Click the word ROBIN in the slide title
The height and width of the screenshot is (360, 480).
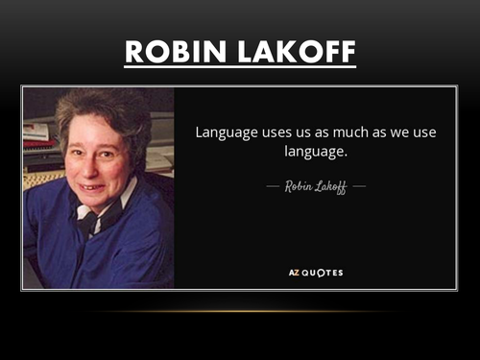pos(176,52)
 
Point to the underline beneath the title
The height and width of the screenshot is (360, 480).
pos(240,68)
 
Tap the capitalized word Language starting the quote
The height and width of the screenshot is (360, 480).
pos(227,132)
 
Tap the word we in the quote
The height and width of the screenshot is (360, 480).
pos(400,132)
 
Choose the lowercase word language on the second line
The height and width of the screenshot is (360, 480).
pos(313,152)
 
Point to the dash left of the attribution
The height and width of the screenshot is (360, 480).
pos(272,186)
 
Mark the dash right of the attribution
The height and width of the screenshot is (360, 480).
pos(359,186)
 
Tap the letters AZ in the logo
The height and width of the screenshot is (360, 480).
pos(296,273)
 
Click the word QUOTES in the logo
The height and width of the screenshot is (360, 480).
pos(324,273)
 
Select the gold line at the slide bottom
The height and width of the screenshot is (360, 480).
pos(240,312)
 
